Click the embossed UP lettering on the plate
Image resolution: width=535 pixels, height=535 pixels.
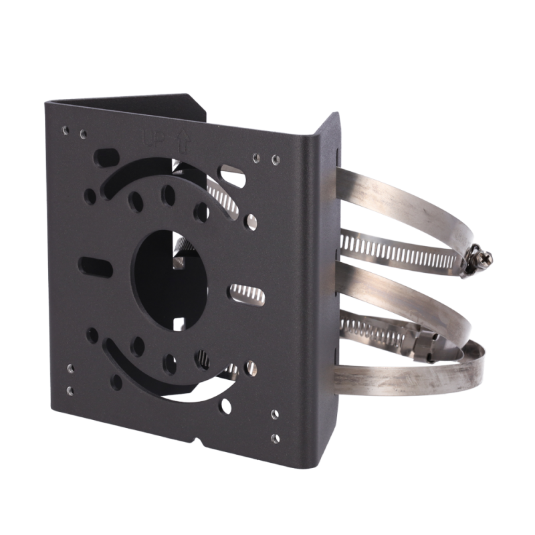pyautogui.click(x=153, y=139)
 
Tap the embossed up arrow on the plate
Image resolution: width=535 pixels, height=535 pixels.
pyautogui.click(x=183, y=140)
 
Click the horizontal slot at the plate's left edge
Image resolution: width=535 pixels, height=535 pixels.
pyautogui.click(x=96, y=267)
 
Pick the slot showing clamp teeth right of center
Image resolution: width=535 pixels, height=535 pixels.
pyautogui.click(x=247, y=294)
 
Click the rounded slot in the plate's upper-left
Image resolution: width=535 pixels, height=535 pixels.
pyautogui.click(x=106, y=157)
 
